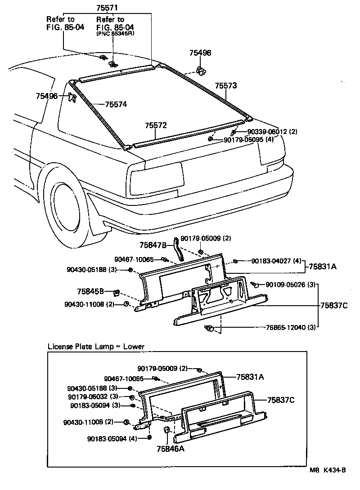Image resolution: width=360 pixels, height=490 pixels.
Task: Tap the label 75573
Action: pos(225,85)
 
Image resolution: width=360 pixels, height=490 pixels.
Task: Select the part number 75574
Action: pos(116,104)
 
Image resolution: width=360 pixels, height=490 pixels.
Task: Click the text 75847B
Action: pos(153,245)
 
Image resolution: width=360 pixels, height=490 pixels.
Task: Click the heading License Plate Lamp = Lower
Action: pos(96,347)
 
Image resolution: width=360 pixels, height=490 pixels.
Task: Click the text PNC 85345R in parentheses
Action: pos(115,33)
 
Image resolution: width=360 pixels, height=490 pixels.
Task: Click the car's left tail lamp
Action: pos(156,177)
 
